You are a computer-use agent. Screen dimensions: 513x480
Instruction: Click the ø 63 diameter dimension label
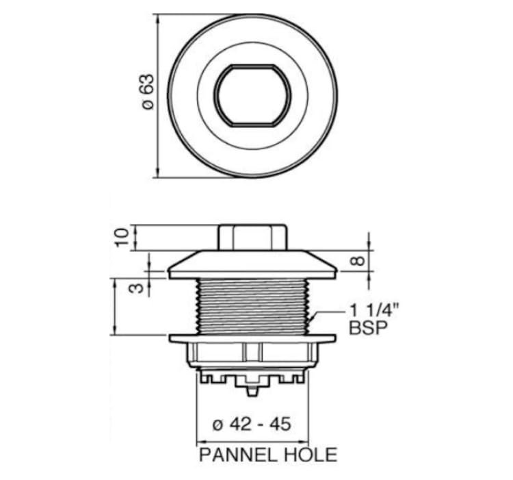click(x=148, y=92)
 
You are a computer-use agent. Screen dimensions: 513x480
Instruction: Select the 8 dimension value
click(x=358, y=261)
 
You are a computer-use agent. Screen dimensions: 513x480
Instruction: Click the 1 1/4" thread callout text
click(x=374, y=310)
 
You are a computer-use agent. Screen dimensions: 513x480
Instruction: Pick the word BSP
click(x=368, y=327)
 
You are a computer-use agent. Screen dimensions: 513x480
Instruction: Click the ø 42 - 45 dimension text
click(x=252, y=425)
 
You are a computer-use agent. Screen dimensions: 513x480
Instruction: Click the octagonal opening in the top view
click(x=252, y=95)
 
